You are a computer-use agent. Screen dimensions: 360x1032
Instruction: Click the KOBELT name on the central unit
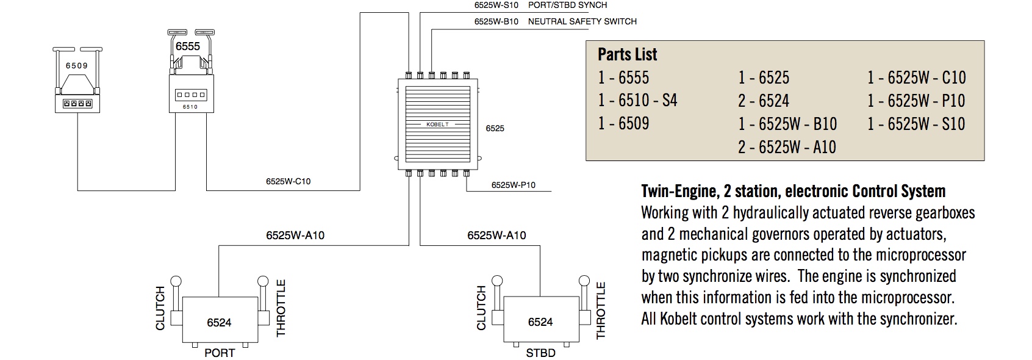(437, 124)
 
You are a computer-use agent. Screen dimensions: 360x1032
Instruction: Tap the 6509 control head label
(77, 66)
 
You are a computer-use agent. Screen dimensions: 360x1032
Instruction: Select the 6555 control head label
(188, 46)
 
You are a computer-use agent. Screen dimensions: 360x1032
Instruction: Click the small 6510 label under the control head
(190, 107)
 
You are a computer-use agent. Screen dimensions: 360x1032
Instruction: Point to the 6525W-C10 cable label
(288, 181)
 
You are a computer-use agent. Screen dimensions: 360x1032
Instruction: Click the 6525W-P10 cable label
(514, 185)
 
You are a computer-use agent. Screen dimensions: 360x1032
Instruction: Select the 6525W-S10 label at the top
(496, 5)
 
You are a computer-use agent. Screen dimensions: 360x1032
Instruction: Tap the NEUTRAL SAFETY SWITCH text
(582, 21)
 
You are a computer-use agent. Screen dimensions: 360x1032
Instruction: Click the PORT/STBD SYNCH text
(567, 5)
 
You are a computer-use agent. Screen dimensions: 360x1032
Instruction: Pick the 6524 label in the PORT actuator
(219, 323)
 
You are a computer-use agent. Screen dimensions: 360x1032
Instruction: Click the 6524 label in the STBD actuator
(540, 322)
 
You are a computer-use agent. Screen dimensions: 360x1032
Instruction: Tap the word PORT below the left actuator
(220, 353)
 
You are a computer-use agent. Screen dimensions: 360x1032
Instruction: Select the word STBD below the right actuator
(540, 353)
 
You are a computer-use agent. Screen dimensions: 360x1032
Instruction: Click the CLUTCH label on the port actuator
(160, 308)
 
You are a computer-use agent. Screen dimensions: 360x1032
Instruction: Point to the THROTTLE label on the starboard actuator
(601, 311)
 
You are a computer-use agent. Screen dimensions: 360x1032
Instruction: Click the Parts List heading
(627, 54)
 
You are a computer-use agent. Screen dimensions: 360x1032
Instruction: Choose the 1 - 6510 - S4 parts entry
(637, 100)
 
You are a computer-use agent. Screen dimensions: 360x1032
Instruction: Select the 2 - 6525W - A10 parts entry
(787, 147)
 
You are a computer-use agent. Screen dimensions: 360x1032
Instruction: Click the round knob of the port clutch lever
(176, 282)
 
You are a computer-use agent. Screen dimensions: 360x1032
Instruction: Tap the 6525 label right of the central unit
(495, 129)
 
